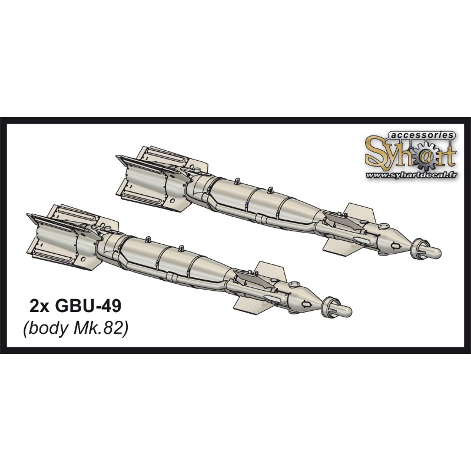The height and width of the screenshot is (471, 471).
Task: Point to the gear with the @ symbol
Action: (420, 155)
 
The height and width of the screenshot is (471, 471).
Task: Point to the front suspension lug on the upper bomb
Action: (270, 190)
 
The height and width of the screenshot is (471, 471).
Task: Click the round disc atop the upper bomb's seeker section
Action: (384, 224)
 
